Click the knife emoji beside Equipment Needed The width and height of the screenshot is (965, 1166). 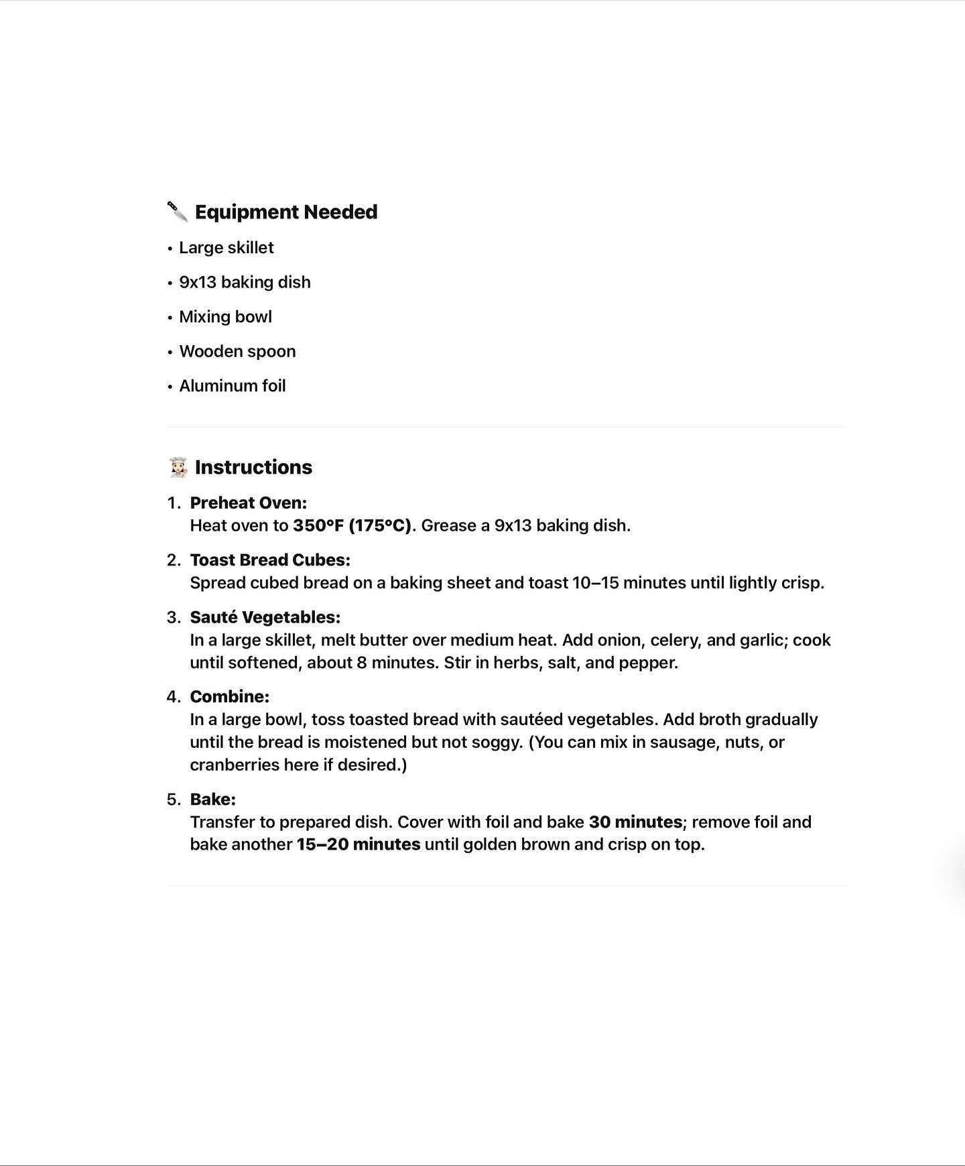(x=178, y=212)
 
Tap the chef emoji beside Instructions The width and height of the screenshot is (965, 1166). (x=178, y=467)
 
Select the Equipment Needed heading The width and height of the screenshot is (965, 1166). (x=286, y=212)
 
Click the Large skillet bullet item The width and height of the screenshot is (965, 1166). (x=227, y=248)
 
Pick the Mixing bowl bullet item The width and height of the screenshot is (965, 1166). (x=225, y=317)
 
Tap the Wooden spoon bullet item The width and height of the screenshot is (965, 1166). (x=237, y=352)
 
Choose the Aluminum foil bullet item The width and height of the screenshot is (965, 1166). (x=233, y=386)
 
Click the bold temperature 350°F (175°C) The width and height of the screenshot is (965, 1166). (x=352, y=525)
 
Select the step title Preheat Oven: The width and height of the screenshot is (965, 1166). (x=249, y=503)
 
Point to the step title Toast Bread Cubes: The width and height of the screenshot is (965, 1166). (x=270, y=560)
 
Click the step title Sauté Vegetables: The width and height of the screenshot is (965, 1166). (x=265, y=617)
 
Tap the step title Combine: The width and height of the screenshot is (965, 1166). (x=230, y=697)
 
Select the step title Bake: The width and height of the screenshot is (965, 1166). (x=213, y=799)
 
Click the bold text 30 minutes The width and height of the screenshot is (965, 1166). (x=635, y=822)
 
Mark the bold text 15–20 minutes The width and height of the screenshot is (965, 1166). (x=359, y=844)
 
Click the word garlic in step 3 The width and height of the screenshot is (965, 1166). (x=763, y=640)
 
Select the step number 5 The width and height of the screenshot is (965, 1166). (x=174, y=799)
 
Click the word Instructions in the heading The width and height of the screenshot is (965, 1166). (x=253, y=467)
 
